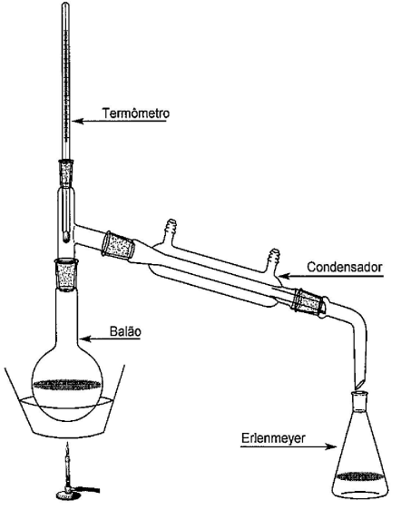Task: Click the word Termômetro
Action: tap(135, 113)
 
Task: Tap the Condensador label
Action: tap(345, 267)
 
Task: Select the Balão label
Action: tap(125, 331)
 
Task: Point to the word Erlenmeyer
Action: tap(273, 437)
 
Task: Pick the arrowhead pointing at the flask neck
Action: tap(84, 338)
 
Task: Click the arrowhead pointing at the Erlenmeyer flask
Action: tap(331, 446)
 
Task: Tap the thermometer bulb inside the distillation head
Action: tap(65, 237)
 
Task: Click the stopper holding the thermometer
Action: tap(65, 172)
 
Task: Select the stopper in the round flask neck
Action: tap(68, 273)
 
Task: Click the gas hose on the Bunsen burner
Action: tap(88, 489)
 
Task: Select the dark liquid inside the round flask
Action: tap(67, 384)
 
